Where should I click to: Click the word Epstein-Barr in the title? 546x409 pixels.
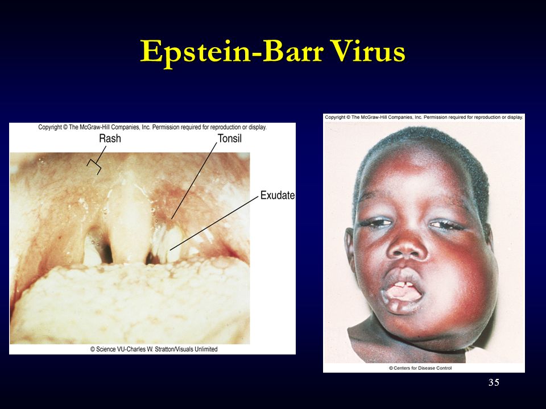[x=232, y=52]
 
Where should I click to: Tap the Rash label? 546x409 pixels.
[x=110, y=139]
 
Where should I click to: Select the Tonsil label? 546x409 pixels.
[x=229, y=139]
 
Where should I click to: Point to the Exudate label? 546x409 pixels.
[x=278, y=195]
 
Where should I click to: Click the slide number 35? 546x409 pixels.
[x=494, y=382]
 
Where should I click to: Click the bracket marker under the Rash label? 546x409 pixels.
[x=94, y=166]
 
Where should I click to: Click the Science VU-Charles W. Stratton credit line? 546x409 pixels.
[x=154, y=349]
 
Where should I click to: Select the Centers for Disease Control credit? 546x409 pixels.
[x=420, y=368]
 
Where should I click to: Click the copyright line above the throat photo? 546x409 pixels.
[x=152, y=127]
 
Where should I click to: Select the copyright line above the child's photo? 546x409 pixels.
[x=424, y=117]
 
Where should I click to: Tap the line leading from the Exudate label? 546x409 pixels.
[x=214, y=223]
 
